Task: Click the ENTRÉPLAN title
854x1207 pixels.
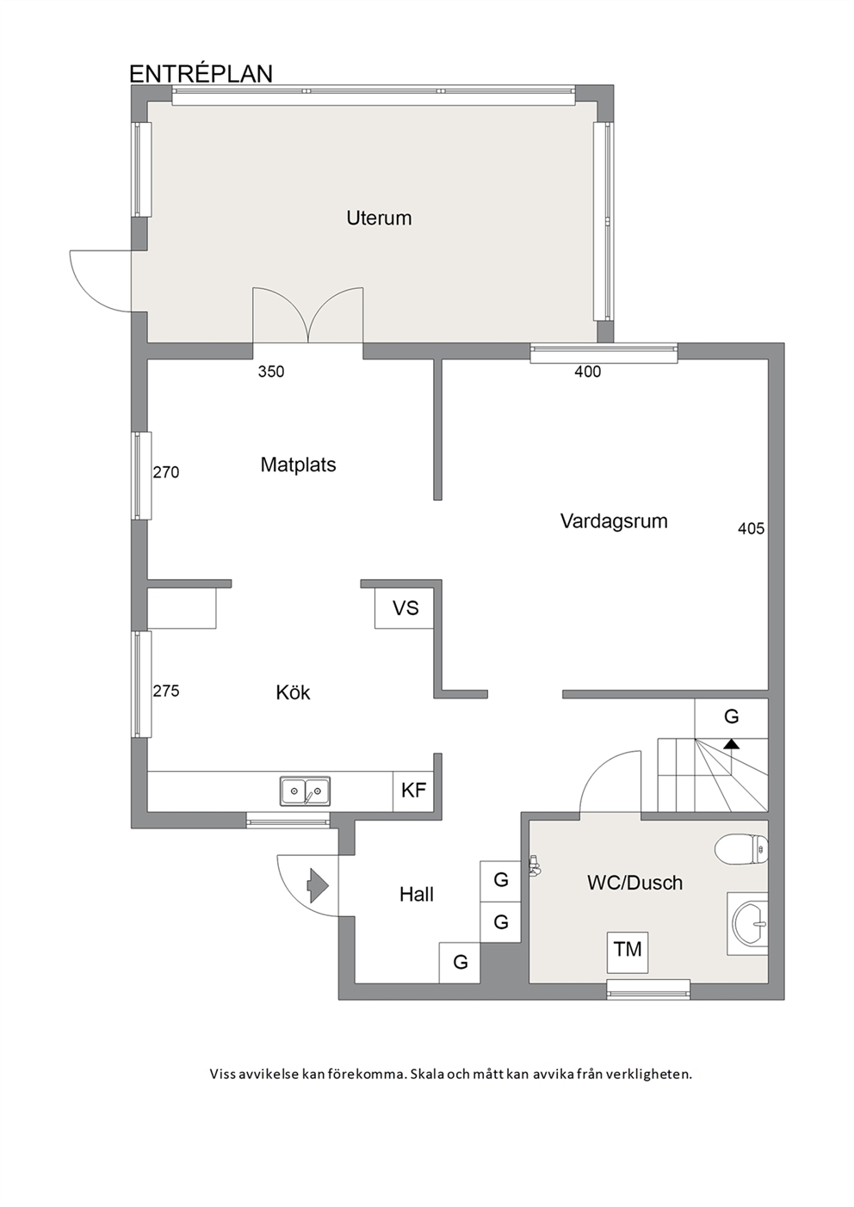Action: [201, 74]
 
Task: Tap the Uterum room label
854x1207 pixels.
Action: [379, 219]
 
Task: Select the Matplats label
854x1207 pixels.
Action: [298, 465]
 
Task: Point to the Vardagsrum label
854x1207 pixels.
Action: [614, 521]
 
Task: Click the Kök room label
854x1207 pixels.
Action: [294, 693]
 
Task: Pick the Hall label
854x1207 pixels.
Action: [416, 895]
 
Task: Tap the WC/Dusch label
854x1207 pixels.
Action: [634, 883]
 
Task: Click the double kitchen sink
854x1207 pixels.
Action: [305, 791]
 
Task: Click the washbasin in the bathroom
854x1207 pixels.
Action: [750, 923]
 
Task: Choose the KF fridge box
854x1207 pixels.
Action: [413, 791]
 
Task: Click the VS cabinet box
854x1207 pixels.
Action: [405, 608]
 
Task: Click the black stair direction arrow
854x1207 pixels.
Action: [731, 744]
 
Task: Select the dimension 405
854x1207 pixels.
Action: [751, 529]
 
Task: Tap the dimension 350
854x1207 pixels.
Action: [270, 372]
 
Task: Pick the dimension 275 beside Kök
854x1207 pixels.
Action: [166, 691]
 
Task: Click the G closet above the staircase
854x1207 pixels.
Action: [731, 717]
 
